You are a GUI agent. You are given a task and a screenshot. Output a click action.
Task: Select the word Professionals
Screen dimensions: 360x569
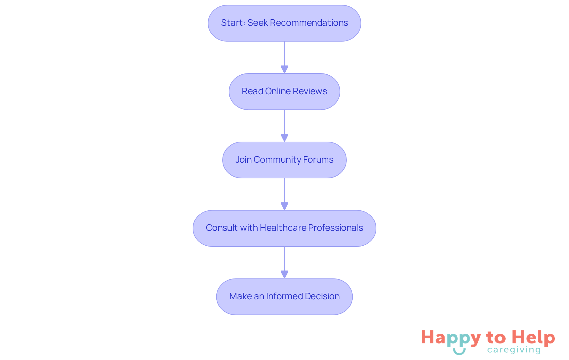335,228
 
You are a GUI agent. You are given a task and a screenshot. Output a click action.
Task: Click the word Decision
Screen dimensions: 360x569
322,296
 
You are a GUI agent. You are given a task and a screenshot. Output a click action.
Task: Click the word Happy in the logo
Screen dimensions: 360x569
451,338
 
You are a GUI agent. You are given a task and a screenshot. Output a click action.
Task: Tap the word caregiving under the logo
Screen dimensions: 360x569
514,350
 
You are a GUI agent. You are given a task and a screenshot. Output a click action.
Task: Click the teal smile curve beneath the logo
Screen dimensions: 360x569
459,352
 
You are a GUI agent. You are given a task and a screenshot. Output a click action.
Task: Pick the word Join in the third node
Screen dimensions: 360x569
243,160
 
